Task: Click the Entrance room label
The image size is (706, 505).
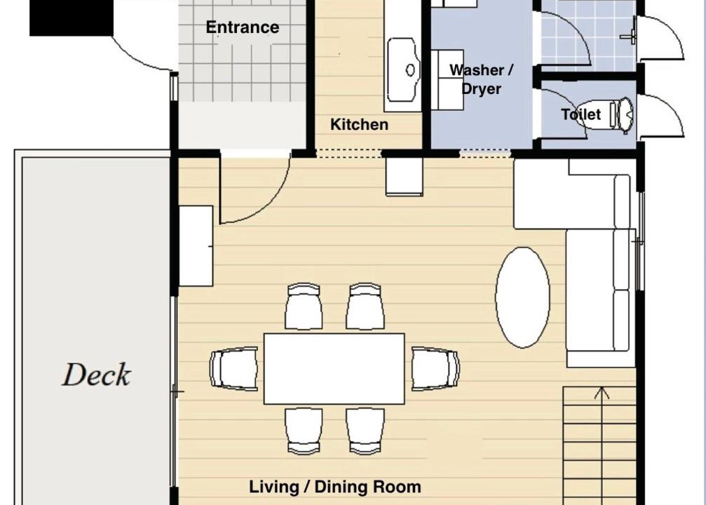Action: (243, 27)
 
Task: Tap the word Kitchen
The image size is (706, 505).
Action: (359, 124)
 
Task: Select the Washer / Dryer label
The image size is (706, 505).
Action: (482, 79)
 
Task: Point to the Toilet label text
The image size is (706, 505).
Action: (581, 114)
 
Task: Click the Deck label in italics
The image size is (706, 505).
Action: (96, 375)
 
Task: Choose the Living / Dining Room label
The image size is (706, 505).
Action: (335, 487)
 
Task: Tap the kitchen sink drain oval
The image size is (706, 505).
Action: (410, 70)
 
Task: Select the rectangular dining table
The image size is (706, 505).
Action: (334, 368)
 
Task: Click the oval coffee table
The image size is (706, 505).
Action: (522, 297)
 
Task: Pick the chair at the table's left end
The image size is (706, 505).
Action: (233, 368)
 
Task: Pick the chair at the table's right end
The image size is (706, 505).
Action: (435, 368)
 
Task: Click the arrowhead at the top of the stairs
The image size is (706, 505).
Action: (602, 392)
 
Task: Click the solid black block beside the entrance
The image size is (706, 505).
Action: (71, 18)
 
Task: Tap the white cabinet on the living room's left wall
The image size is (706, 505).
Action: (196, 246)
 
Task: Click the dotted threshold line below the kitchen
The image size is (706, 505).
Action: (349, 154)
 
